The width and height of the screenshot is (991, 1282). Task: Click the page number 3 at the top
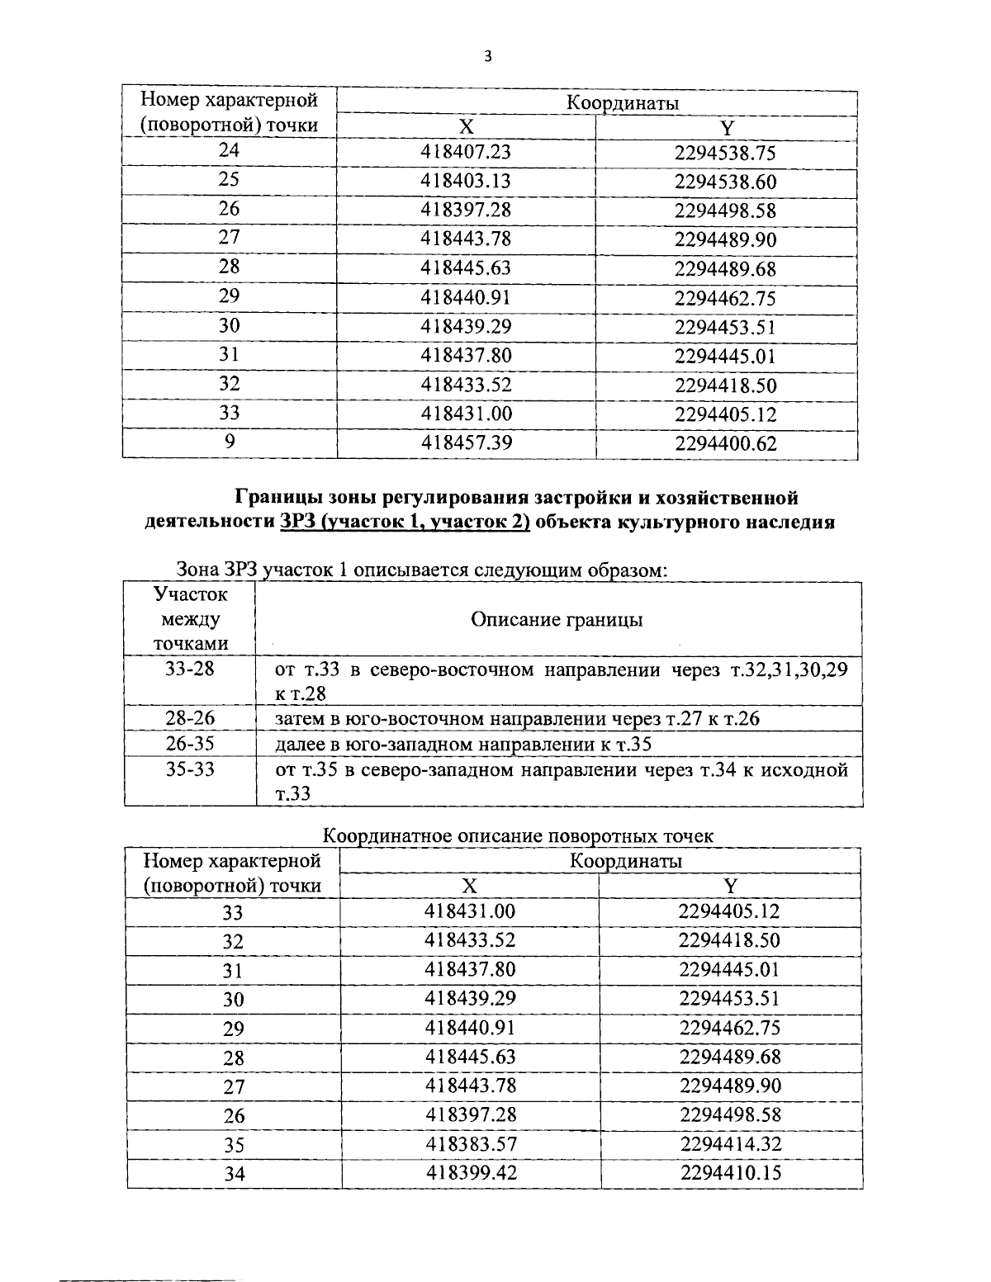tap(488, 56)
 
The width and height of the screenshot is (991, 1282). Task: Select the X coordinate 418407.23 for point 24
tap(466, 152)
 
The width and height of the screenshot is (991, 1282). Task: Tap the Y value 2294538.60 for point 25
tap(725, 182)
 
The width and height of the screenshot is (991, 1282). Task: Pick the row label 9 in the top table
tap(230, 442)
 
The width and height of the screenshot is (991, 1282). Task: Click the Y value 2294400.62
tap(726, 443)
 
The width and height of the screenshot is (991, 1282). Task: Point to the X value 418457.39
tap(467, 442)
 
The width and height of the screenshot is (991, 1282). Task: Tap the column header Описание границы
tap(557, 619)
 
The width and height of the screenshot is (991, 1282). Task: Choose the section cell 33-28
tap(189, 669)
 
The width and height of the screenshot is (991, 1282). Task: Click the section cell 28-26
tap(189, 718)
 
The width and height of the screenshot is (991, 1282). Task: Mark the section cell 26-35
tap(189, 744)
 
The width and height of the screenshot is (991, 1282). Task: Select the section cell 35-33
tap(189, 769)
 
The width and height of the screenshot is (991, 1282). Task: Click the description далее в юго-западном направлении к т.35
tap(463, 745)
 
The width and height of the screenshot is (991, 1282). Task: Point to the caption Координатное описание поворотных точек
tap(517, 835)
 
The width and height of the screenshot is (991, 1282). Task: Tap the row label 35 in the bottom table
tap(234, 1145)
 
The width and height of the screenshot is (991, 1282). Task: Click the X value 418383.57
tap(470, 1144)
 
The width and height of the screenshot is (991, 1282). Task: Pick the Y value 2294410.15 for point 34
tap(731, 1173)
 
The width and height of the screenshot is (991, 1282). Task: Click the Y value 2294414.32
tap(731, 1144)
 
